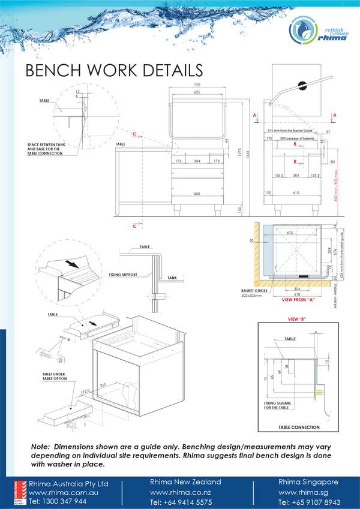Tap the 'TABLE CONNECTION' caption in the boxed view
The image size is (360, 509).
point(299,427)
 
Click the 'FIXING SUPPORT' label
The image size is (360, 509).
point(124,275)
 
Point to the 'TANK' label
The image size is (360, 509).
point(172,278)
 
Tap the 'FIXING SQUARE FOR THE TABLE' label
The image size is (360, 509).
point(277,406)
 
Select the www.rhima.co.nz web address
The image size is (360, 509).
point(179,492)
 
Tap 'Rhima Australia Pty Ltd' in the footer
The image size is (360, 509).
point(61,483)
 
